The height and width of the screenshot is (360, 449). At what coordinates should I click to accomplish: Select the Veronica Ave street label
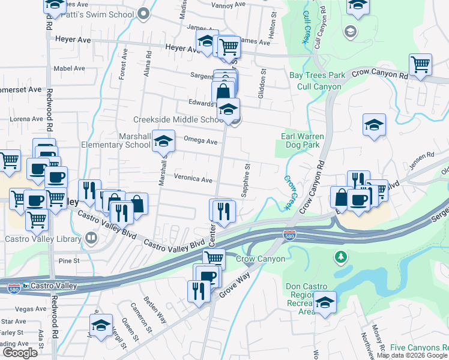(x=193, y=179)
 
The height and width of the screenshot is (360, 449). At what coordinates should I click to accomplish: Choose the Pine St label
(x=69, y=261)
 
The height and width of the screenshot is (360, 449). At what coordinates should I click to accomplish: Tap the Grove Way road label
(x=234, y=288)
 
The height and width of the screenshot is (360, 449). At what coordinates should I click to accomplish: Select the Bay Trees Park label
(x=318, y=75)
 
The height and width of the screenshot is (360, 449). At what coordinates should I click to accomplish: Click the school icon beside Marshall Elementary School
(x=163, y=141)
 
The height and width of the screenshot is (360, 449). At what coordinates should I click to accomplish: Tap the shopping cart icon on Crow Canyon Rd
(x=421, y=64)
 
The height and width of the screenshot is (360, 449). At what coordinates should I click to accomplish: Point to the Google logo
(x=20, y=353)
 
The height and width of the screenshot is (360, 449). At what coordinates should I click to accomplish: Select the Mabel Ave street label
(x=70, y=68)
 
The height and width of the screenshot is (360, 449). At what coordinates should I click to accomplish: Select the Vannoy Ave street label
(x=229, y=4)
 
